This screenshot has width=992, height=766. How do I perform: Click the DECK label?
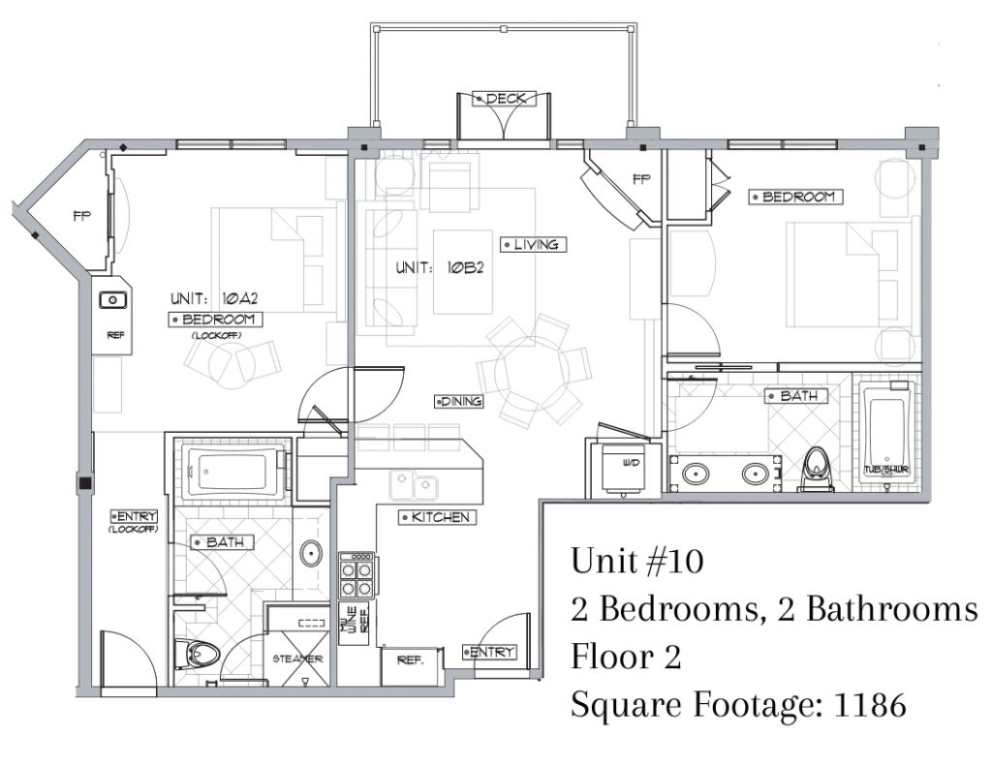[504, 99]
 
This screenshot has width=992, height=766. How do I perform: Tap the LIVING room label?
[533, 245]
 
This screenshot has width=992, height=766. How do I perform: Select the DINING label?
[459, 401]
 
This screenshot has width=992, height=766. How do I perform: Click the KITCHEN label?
[437, 517]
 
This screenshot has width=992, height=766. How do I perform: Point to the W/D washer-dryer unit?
[623, 468]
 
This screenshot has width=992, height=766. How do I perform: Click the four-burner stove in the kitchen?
[356, 575]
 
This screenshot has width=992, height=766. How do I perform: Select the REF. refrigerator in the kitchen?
[411, 665]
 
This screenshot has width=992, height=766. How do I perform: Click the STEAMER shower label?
[298, 659]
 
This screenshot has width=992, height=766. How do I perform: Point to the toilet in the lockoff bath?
[196, 654]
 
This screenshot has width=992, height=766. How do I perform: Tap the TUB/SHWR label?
[886, 470]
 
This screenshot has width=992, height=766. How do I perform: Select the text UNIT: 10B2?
[440, 267]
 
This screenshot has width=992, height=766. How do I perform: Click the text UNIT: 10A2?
[214, 298]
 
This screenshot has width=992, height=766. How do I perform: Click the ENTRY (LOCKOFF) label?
[134, 521]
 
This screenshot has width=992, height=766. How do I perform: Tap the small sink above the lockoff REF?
[113, 300]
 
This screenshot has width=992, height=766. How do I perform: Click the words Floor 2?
[627, 656]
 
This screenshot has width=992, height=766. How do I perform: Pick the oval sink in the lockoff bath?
[311, 554]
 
